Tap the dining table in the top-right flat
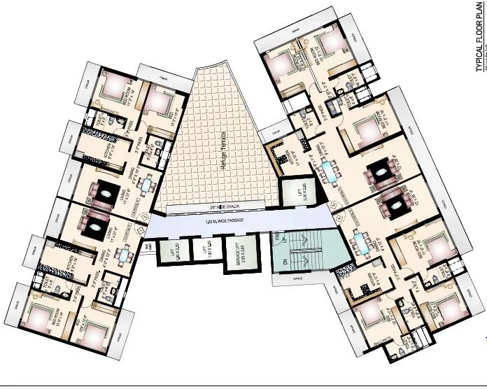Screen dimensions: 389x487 (x=327, y=170)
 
